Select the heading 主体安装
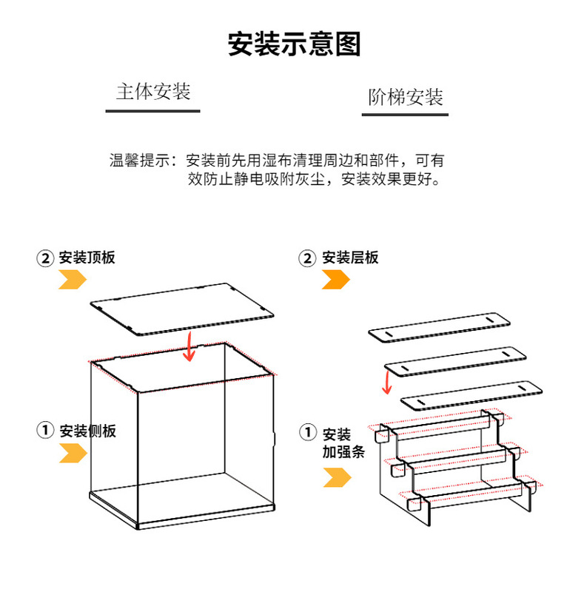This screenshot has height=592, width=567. click(153, 92)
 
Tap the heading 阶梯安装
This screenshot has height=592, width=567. click(406, 97)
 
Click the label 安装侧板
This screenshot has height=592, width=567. click(88, 431)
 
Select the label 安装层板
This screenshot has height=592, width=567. click(350, 258)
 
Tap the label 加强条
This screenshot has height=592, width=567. click(343, 452)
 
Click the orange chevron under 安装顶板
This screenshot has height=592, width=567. click(73, 279)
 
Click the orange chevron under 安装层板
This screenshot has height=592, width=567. click(335, 279)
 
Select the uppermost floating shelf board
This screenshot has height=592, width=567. click(440, 326)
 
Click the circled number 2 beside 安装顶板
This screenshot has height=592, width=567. click(46, 258)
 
